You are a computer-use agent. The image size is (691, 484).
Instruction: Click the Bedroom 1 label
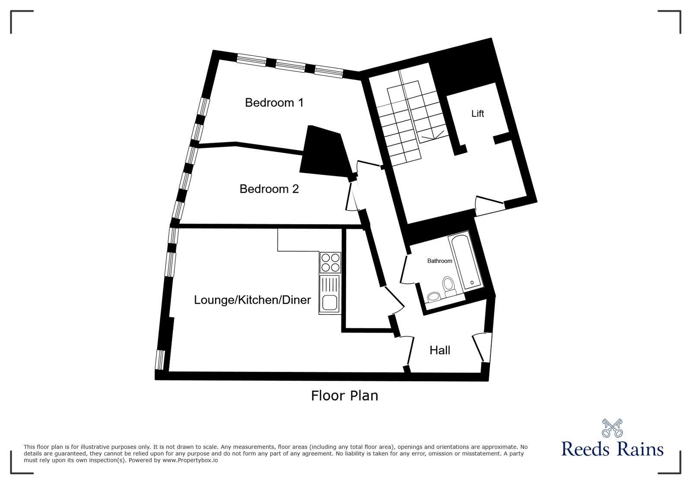[x=274, y=103]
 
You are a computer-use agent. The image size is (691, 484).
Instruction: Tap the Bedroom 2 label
[x=269, y=189]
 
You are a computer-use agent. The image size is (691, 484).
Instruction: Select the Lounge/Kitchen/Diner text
[x=252, y=300]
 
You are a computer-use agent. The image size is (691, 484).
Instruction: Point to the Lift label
[x=477, y=114]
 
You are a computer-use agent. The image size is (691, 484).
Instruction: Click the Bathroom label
[x=439, y=261]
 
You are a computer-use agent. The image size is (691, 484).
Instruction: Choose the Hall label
[x=439, y=350]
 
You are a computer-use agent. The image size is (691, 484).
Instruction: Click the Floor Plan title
[x=344, y=395]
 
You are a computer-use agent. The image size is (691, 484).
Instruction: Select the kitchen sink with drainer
[x=330, y=295]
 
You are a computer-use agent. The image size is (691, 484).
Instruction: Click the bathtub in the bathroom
[x=465, y=261]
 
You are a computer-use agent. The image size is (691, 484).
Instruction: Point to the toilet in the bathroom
[x=449, y=286]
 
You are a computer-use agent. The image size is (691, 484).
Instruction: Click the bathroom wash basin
[x=433, y=297]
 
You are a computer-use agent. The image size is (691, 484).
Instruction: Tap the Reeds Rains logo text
[x=612, y=449]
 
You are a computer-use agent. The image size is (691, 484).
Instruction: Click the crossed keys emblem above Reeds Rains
[x=612, y=427]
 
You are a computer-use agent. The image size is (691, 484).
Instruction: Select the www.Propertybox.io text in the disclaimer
[x=190, y=460]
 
